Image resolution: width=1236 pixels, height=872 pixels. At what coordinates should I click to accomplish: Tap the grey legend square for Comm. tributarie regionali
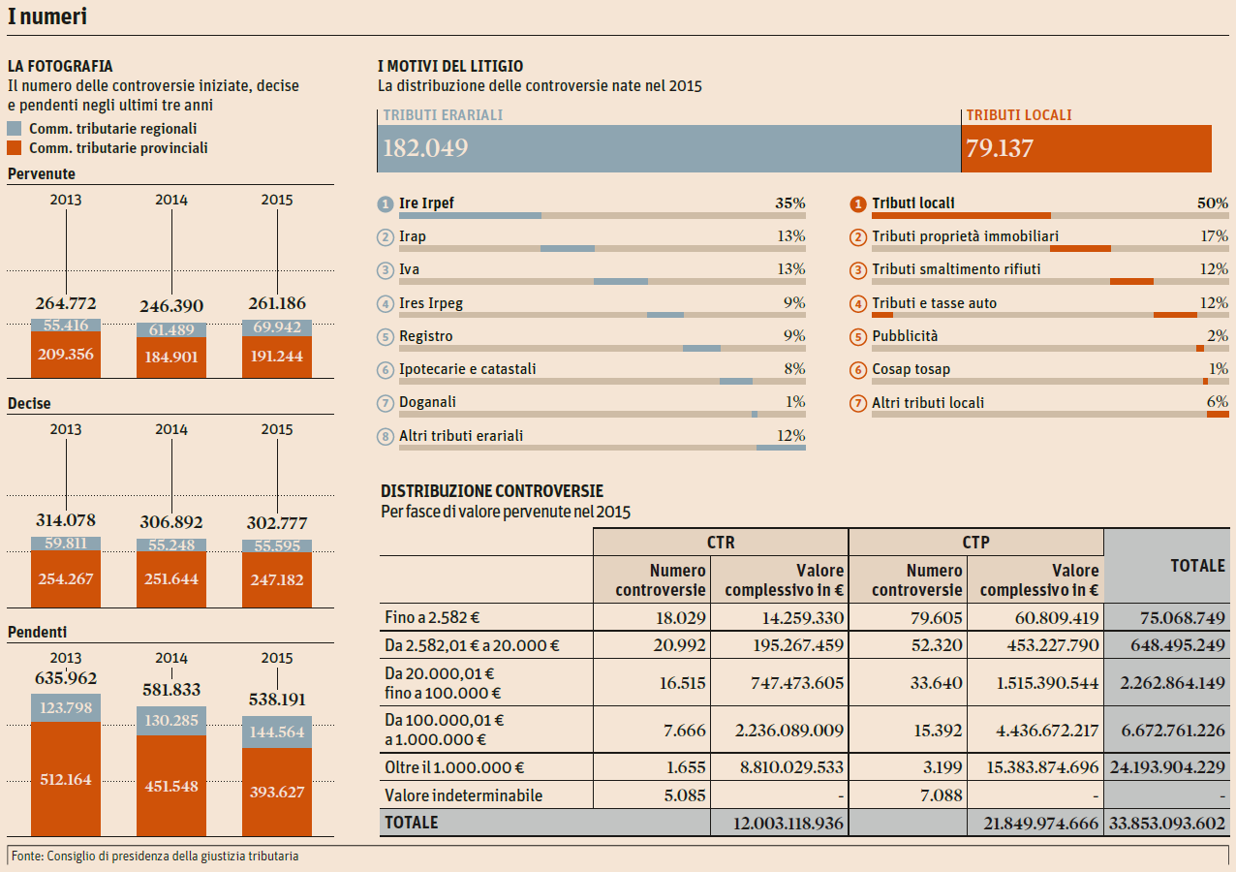[x=15, y=129]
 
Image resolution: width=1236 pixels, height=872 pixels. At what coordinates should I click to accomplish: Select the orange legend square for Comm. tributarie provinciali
[x=15, y=148]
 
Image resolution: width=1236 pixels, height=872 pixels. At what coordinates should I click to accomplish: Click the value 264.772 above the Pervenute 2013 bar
[x=66, y=304]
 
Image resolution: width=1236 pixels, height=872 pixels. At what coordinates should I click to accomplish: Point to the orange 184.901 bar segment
[x=171, y=357]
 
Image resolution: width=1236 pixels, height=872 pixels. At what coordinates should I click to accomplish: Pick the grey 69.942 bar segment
[x=277, y=327]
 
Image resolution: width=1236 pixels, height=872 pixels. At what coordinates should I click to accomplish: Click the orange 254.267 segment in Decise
[x=66, y=579]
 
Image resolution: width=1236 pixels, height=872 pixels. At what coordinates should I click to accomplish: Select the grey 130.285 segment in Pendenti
[x=171, y=720]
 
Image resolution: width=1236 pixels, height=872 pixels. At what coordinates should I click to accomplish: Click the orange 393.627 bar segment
[x=277, y=792]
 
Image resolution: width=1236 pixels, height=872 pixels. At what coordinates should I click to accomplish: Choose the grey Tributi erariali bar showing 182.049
[x=668, y=148]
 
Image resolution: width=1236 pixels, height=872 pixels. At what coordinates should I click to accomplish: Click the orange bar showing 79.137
[x=1087, y=148]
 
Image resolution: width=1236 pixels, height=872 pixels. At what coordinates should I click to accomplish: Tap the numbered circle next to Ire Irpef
[x=386, y=204]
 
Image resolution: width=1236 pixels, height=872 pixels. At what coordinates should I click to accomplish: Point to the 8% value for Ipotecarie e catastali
[x=794, y=369]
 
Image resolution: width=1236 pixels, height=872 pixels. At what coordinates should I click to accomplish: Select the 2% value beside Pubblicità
[x=1218, y=336]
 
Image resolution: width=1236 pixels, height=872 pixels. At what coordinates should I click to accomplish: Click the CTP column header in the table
[x=975, y=543]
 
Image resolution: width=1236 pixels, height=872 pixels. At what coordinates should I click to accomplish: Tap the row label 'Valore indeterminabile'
[x=463, y=796]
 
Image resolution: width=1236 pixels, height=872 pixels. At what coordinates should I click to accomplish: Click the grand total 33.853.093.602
[x=1166, y=824]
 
